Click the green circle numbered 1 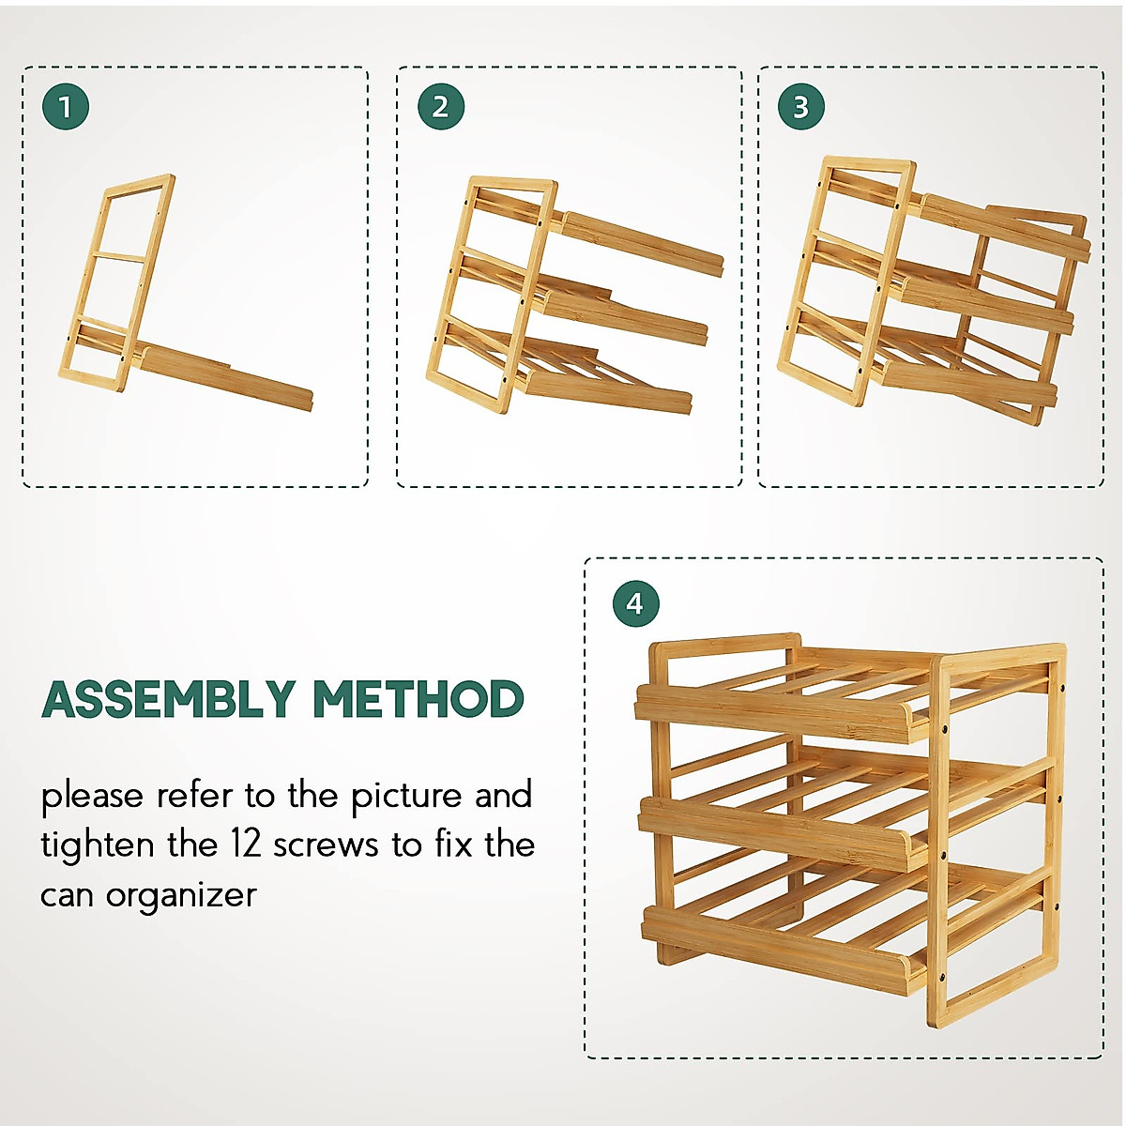tap(66, 107)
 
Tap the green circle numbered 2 tap(440, 107)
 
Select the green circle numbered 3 tap(800, 107)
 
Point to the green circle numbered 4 tap(635, 603)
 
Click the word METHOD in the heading tap(418, 700)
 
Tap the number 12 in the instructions tap(245, 844)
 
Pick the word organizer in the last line tap(181, 895)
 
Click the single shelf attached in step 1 tap(225, 376)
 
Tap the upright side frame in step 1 tap(117, 281)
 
